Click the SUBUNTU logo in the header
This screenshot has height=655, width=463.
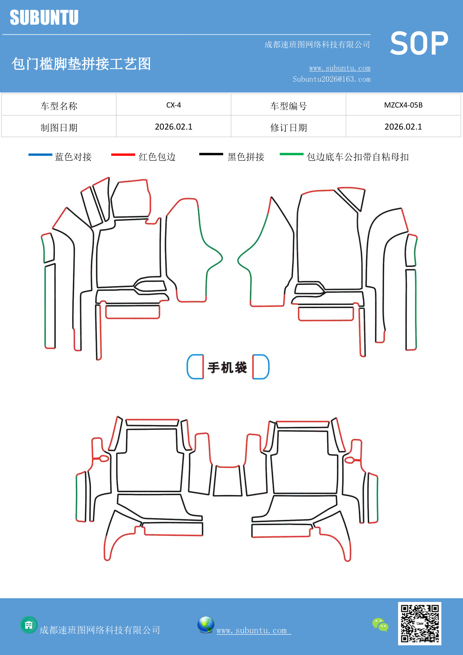(44, 18)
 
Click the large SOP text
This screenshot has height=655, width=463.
(419, 44)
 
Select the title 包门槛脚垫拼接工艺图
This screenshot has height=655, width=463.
(81, 64)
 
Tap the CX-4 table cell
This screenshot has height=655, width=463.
(173, 105)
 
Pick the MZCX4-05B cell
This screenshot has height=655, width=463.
(403, 105)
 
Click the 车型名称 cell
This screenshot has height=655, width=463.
(59, 106)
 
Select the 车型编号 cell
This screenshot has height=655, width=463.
(288, 106)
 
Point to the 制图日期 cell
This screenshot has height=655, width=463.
(59, 128)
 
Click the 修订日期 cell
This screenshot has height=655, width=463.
(288, 128)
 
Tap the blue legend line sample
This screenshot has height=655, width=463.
(40, 155)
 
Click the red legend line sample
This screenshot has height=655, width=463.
(123, 155)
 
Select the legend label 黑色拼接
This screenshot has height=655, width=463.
(246, 157)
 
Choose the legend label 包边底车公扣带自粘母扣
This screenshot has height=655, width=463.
(357, 157)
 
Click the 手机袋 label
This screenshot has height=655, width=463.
(228, 367)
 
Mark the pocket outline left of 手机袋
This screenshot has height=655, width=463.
(195, 367)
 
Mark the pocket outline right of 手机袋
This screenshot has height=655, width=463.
(261, 367)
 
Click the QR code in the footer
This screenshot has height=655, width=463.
(420, 624)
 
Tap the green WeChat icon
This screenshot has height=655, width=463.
(380, 625)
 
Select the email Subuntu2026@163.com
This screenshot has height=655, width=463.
(331, 79)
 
